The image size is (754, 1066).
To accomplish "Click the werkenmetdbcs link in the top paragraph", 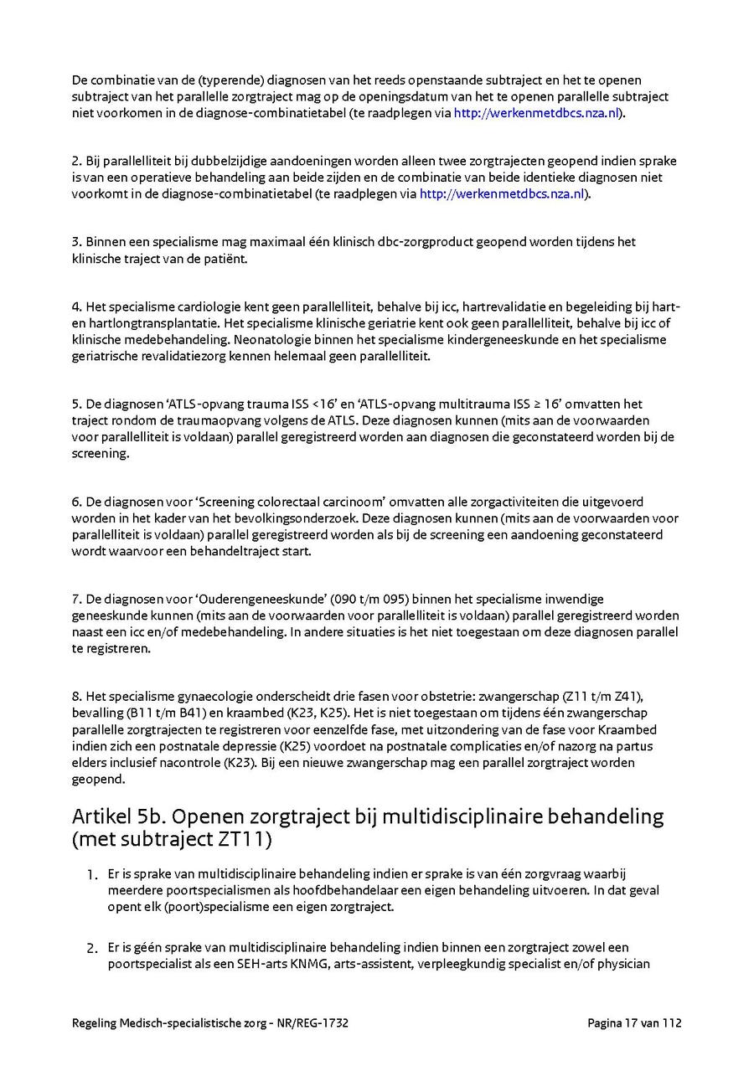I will [x=535, y=113].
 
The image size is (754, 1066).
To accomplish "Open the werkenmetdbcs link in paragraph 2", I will [x=501, y=194].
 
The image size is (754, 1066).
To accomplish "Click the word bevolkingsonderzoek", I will [x=276, y=518].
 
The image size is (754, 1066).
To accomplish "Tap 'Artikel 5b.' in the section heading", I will [x=117, y=816].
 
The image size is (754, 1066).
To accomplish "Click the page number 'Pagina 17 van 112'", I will [x=634, y=1022].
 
